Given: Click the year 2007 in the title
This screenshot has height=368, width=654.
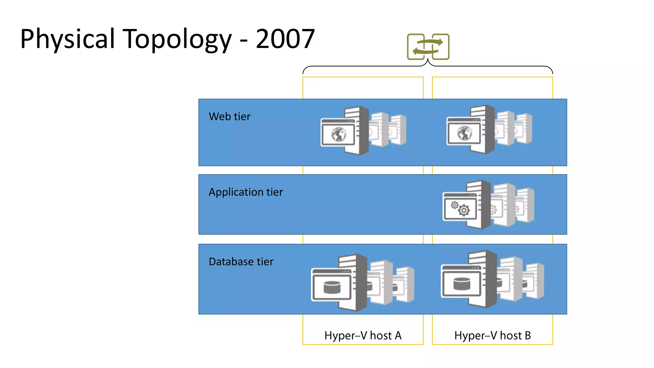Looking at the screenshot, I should [285, 39].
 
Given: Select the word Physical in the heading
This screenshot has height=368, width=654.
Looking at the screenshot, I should [67, 39].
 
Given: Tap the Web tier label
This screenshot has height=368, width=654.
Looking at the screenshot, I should [229, 117].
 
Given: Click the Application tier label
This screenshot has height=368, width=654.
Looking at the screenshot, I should [246, 192].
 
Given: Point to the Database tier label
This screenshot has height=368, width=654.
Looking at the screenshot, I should [241, 262].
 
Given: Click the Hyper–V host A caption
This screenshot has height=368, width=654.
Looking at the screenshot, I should [363, 335].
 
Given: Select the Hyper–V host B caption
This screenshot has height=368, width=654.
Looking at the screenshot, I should [492, 335].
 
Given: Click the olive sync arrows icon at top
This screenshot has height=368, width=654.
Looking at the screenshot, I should [428, 47].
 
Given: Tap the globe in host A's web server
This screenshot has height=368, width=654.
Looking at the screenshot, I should [338, 134].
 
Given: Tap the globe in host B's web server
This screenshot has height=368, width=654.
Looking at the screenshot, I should [464, 133].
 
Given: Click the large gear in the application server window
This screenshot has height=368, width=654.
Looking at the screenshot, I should [464, 210].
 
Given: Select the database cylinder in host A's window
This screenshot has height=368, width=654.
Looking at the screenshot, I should [332, 287].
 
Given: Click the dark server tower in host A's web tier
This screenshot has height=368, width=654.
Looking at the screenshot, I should [363, 131].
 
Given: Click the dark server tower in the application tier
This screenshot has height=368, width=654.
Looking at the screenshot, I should [485, 204].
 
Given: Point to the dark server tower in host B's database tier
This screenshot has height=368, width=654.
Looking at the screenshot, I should [491, 279].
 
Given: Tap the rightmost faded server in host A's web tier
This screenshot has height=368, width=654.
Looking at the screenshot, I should [399, 129].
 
